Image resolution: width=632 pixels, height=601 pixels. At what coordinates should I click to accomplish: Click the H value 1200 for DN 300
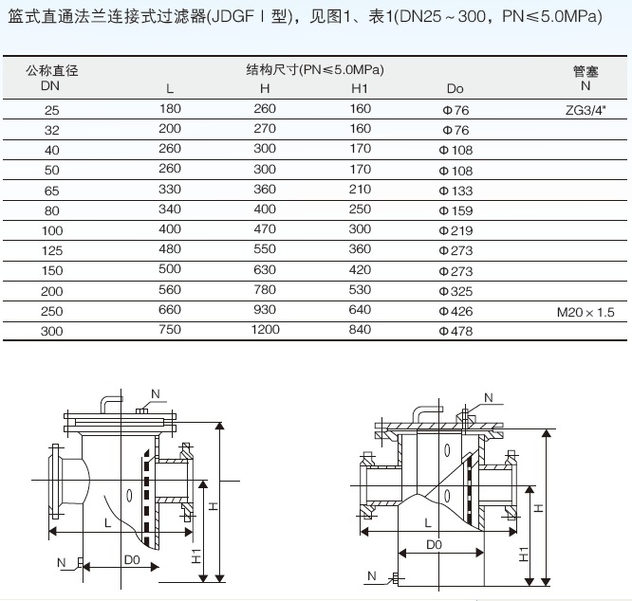click(x=265, y=330)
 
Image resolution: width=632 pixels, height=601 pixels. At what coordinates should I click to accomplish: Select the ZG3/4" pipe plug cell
click(x=586, y=110)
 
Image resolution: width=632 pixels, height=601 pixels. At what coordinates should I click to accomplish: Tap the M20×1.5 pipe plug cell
click(x=586, y=312)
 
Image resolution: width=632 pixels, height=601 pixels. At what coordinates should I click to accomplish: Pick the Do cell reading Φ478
click(x=455, y=331)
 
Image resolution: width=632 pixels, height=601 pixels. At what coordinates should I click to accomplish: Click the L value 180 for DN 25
click(x=170, y=109)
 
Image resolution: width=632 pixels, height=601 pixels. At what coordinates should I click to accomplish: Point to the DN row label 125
click(x=52, y=250)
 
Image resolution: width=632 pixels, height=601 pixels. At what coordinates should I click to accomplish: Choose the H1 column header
click(x=360, y=88)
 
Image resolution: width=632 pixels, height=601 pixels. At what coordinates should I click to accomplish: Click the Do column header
click(x=455, y=88)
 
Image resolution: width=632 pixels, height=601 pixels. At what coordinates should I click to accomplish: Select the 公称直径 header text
click(x=51, y=71)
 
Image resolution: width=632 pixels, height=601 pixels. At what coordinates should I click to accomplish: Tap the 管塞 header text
click(x=586, y=72)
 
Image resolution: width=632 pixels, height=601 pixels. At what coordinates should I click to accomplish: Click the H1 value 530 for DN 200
click(x=360, y=290)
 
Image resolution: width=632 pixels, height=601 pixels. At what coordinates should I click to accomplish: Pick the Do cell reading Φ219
click(x=455, y=230)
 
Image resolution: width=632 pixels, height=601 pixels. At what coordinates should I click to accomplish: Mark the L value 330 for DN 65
click(x=170, y=190)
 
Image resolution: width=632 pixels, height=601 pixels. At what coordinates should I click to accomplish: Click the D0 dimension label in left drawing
click(x=132, y=559)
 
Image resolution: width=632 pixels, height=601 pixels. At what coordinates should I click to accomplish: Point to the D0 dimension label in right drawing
click(x=434, y=545)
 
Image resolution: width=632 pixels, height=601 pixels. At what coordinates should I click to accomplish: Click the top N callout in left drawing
click(x=156, y=394)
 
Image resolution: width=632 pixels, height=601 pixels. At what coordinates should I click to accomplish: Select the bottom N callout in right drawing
click(x=372, y=576)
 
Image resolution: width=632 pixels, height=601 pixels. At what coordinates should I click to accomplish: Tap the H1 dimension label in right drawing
click(x=524, y=555)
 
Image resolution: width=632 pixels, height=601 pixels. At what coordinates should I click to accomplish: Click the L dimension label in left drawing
click(x=107, y=523)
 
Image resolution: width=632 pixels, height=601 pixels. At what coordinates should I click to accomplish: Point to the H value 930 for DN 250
click(x=265, y=310)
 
